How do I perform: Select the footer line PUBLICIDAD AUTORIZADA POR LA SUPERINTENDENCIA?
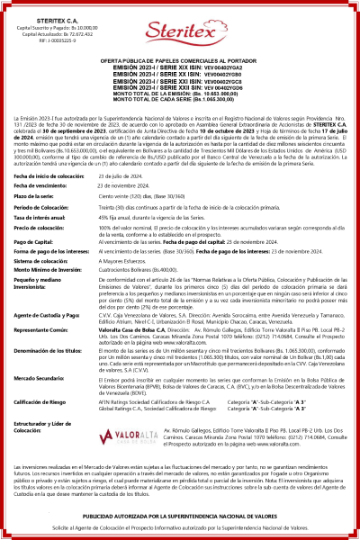[180, 516]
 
